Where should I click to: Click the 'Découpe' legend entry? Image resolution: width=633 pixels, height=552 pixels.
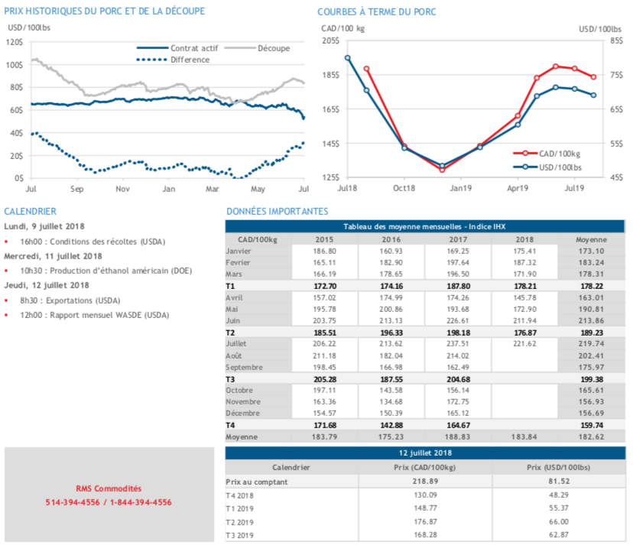(x=272, y=48)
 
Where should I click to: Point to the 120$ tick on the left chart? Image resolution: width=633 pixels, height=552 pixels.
(x=15, y=42)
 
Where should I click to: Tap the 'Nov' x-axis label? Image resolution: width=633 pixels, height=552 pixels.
(x=122, y=188)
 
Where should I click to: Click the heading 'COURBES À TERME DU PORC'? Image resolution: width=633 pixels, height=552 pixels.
(x=377, y=11)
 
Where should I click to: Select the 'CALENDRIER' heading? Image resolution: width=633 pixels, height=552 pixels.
(x=30, y=211)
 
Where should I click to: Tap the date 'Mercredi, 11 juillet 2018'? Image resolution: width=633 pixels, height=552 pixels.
(x=53, y=256)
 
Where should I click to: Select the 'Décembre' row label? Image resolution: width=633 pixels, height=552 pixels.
(x=245, y=413)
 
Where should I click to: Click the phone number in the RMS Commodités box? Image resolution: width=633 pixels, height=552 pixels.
(x=108, y=502)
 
